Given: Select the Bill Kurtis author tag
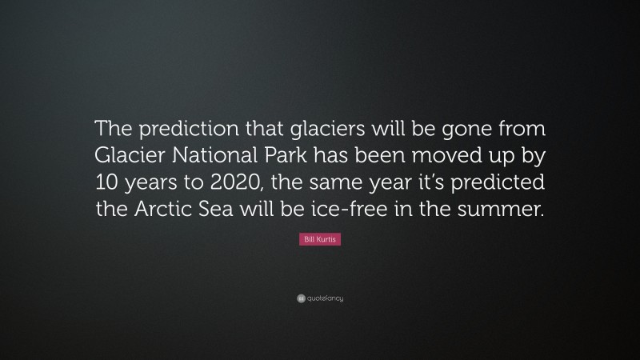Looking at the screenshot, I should pyautogui.click(x=320, y=240).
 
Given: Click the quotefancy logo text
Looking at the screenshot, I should pyautogui.click(x=325, y=298).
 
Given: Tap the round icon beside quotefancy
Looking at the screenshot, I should pyautogui.click(x=301, y=298).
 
